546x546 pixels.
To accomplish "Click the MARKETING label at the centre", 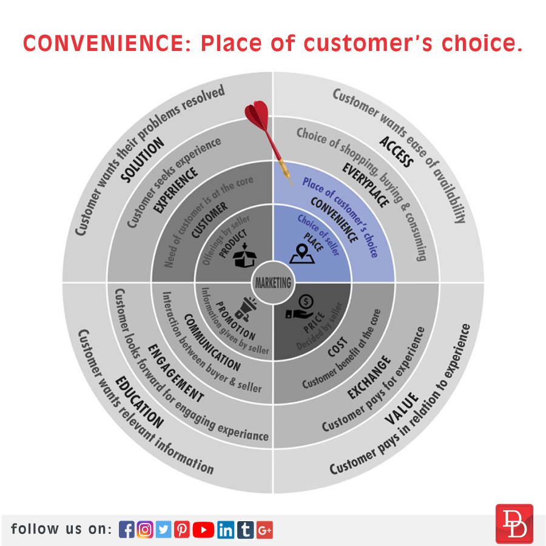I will (x=273, y=283).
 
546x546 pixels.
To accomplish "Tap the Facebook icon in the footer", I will (x=126, y=530).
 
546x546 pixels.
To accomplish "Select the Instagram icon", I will (x=144, y=530).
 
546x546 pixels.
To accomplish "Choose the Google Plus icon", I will (x=265, y=530).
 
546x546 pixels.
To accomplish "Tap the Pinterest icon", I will (x=182, y=530).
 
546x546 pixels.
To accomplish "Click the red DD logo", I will (x=514, y=524).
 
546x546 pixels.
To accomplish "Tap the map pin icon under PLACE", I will (x=302, y=254).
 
